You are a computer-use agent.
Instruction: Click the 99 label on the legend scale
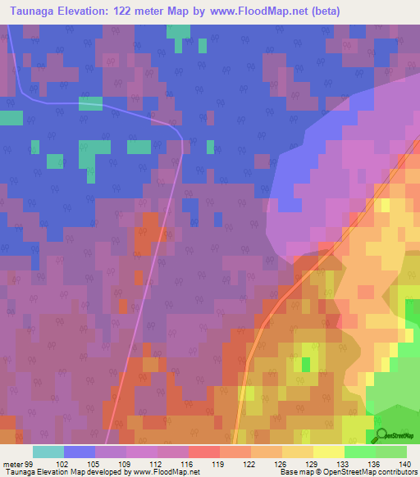pyautogui.click(x=31, y=464)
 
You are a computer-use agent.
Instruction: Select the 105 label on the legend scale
pyautogui.click(x=95, y=464)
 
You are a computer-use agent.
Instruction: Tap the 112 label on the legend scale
pyautogui.click(x=157, y=464)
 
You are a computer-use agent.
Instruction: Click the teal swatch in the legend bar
pyautogui.click(x=48, y=452)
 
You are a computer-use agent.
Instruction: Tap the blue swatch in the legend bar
pyautogui.click(x=80, y=452)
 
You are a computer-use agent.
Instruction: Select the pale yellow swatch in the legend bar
pyautogui.click(x=329, y=452)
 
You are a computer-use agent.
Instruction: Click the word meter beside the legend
pyautogui.click(x=12, y=464)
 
